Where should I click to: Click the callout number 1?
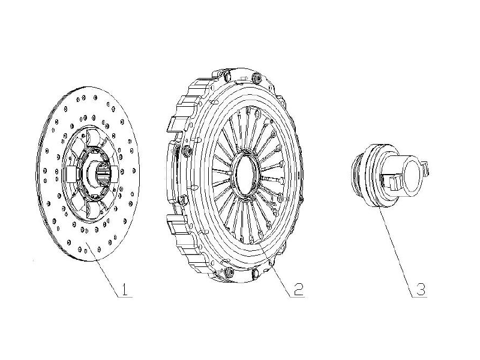(x=124, y=289)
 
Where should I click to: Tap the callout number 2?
(x=298, y=290)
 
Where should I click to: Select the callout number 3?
(x=421, y=289)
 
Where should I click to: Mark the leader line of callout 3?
(x=397, y=251)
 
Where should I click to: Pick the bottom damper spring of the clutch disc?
(x=94, y=210)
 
